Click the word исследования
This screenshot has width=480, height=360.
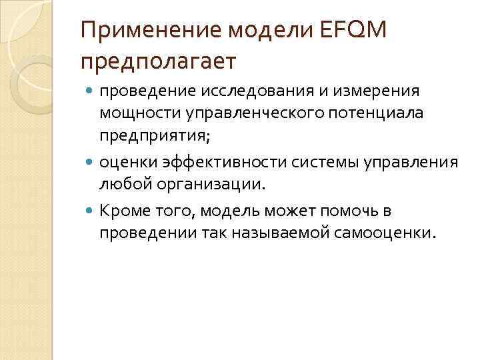(254, 90)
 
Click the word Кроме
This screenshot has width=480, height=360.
(122, 211)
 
